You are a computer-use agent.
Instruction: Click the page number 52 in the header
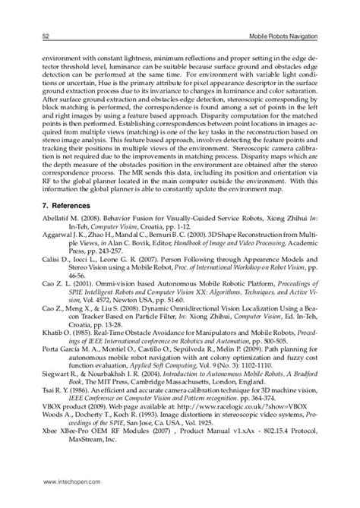[x=46, y=36]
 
